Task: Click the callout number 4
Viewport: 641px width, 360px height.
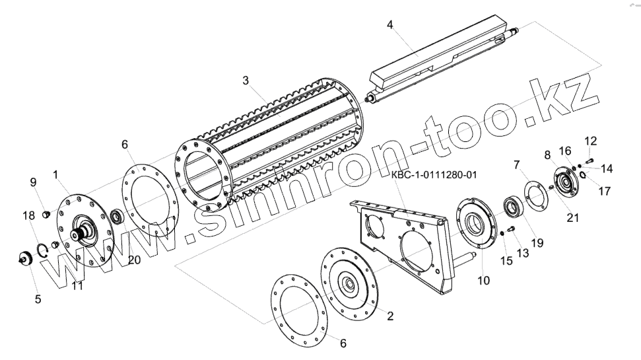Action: [x=389, y=25]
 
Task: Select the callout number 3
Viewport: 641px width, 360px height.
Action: [x=246, y=81]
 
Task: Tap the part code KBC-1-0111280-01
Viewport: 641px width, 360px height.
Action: [x=434, y=176]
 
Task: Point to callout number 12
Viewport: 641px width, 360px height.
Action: [x=590, y=141]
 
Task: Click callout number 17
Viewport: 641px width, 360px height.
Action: [x=605, y=192]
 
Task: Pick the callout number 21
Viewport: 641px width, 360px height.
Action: [x=573, y=219]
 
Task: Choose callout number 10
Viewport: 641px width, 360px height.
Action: [x=484, y=280]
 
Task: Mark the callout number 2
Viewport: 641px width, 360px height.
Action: [x=390, y=316]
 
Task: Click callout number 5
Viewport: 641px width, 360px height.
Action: [x=38, y=299]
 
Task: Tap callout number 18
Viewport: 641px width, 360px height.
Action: [x=28, y=215]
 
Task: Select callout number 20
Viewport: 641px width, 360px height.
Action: [x=134, y=260]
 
